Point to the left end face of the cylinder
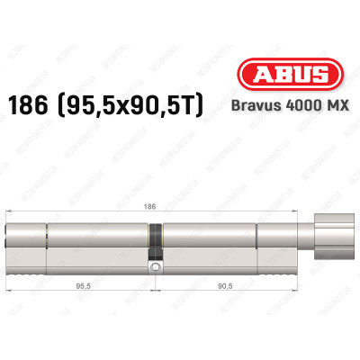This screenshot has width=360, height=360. (x=10, y=238)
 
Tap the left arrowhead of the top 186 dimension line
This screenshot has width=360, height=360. (x=10, y=211)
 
